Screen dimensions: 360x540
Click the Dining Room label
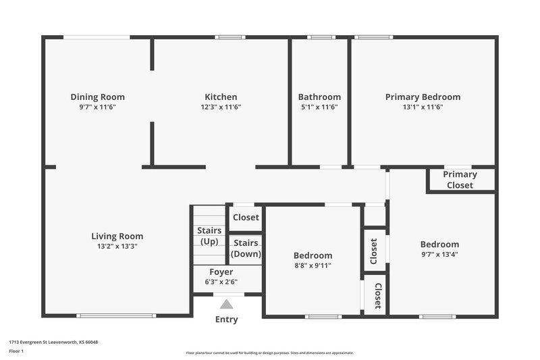tap(98, 97)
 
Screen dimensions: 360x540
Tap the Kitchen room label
tap(221, 97)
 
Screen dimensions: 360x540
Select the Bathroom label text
tap(319, 97)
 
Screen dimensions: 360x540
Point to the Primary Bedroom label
tap(423, 97)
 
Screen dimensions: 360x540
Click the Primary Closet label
tap(460, 180)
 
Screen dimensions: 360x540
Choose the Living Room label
tap(117, 236)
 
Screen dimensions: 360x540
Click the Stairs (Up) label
tap(209, 236)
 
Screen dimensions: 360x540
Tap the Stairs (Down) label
tap(246, 249)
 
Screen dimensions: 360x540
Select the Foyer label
tap(221, 272)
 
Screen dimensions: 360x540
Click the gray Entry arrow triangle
tap(227, 305)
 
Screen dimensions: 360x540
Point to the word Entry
tap(227, 319)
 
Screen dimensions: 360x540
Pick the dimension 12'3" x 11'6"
tap(221, 107)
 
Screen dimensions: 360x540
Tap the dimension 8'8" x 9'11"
tap(313, 265)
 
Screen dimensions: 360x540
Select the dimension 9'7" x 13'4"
tap(439, 255)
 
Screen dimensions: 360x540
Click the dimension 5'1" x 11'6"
tap(319, 107)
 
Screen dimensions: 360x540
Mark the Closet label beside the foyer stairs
tap(246, 217)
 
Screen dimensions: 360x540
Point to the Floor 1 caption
tap(16, 351)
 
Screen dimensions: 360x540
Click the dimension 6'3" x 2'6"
tap(221, 282)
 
